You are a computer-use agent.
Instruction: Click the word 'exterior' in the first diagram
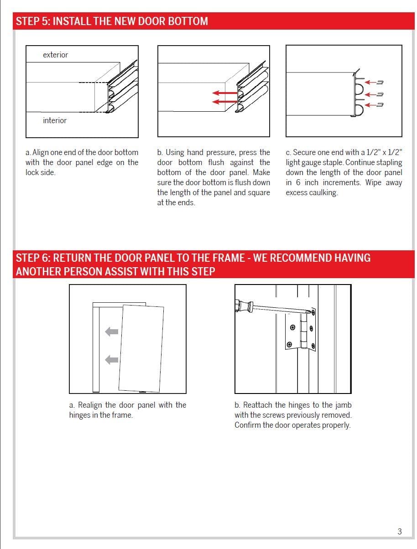pyautogui.click(x=55, y=55)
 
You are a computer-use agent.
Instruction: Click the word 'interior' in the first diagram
pyautogui.click(x=55, y=120)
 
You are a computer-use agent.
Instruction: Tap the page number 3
pyautogui.click(x=400, y=531)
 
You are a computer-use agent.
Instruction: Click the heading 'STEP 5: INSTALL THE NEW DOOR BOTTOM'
pyautogui.click(x=112, y=21)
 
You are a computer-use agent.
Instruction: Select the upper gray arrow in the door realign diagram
pyautogui.click(x=112, y=331)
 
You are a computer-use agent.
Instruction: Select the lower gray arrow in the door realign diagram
pyautogui.click(x=112, y=360)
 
